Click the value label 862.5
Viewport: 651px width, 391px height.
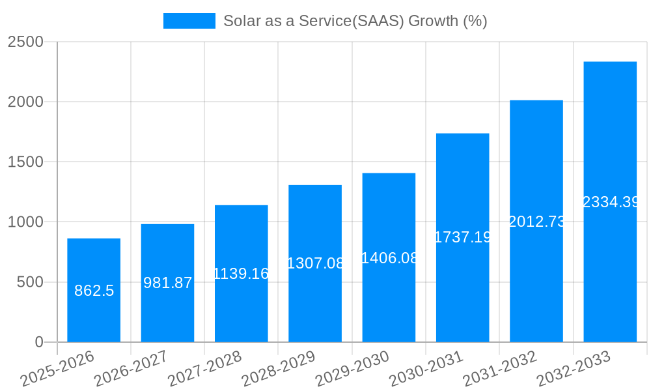click(x=94, y=291)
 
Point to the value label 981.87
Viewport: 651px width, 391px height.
click(x=167, y=283)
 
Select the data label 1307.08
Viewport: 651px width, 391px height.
click(x=315, y=263)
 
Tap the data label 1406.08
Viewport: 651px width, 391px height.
click(x=389, y=257)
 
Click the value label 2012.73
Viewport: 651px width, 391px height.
click(x=536, y=222)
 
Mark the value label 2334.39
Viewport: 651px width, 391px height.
click(x=610, y=202)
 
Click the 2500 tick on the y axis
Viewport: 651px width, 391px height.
click(x=25, y=42)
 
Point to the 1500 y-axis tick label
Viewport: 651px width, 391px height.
click(x=25, y=162)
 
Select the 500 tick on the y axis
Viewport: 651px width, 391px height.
click(x=30, y=282)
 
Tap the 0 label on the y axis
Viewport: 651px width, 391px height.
click(x=38, y=342)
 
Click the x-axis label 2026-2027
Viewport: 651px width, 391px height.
click(x=131, y=369)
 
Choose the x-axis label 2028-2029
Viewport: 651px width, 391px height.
click(x=279, y=369)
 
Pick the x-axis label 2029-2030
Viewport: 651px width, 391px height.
click(x=352, y=369)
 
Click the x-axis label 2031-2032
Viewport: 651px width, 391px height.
click(x=500, y=369)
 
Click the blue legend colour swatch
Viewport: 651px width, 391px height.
click(x=189, y=21)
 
